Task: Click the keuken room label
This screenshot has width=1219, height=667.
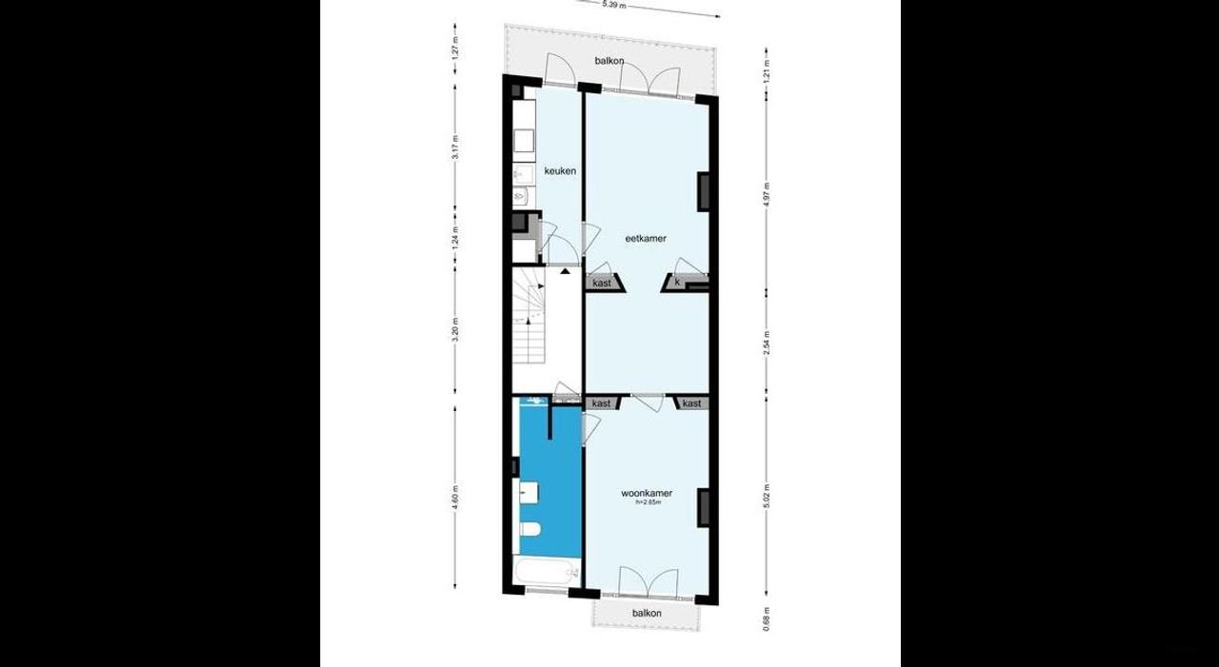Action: click(559, 171)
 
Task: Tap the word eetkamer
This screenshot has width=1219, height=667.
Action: click(645, 238)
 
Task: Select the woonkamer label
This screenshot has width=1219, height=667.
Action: click(647, 493)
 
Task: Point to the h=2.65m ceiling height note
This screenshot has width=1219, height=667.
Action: click(648, 502)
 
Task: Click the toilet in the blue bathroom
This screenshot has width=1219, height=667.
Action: click(530, 529)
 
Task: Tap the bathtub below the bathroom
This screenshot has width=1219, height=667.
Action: click(546, 573)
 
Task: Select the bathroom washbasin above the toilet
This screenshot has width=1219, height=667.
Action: click(530, 493)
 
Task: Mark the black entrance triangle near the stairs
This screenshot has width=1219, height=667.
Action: click(566, 271)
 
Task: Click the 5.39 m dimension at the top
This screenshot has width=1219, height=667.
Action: click(614, 5)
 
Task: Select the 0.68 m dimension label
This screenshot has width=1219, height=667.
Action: click(768, 618)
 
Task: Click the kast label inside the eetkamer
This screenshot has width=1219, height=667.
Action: click(602, 284)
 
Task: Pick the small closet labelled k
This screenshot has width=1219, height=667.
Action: click(677, 283)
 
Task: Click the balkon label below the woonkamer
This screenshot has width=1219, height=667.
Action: click(647, 614)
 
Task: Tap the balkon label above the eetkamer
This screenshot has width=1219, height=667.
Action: click(609, 61)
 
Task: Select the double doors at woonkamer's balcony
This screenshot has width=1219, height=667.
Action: click(648, 580)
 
